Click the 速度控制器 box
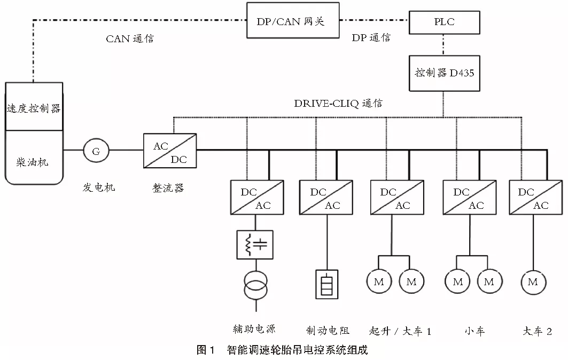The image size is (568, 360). click(x=34, y=107)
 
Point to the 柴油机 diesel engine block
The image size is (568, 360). click(x=34, y=160)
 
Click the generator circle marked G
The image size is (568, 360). click(x=96, y=151)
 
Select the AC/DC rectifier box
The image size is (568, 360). click(x=170, y=151)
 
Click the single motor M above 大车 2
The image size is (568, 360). click(x=533, y=281)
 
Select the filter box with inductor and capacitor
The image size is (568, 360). click(x=255, y=245)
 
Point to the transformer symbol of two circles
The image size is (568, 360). click(x=255, y=285)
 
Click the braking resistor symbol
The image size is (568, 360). click(x=325, y=283)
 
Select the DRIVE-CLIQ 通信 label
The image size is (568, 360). click(x=338, y=104)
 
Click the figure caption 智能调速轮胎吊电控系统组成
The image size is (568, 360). click(x=297, y=350)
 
